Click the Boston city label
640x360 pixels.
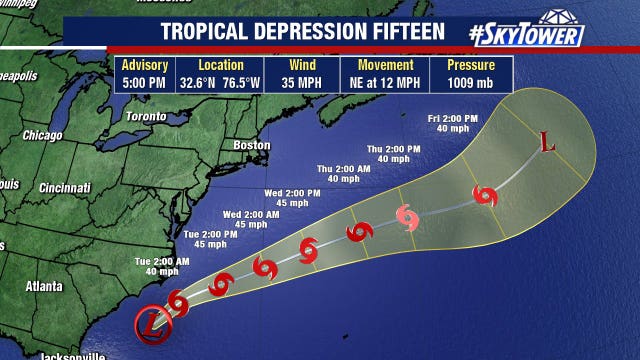tap(251, 145)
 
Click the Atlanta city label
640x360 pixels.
tap(43, 286)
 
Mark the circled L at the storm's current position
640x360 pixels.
tap(151, 322)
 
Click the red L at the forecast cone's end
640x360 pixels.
tap(547, 143)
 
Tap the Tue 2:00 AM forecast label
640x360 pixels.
tap(162, 265)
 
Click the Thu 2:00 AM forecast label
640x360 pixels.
tap(338, 171)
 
